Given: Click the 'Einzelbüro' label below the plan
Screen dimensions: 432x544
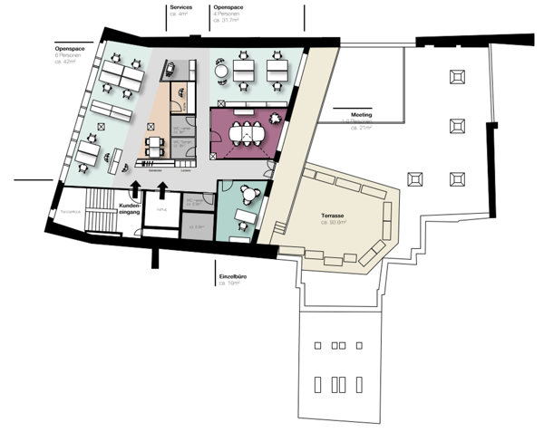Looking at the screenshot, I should tap(233, 276).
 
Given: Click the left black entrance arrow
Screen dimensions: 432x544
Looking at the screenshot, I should tap(137, 188).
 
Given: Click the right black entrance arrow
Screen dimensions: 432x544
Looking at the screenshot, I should tap(163, 188).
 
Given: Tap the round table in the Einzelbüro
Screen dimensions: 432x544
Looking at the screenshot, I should tap(248, 192).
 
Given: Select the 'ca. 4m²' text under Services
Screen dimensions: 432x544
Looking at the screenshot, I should tap(179, 14).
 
